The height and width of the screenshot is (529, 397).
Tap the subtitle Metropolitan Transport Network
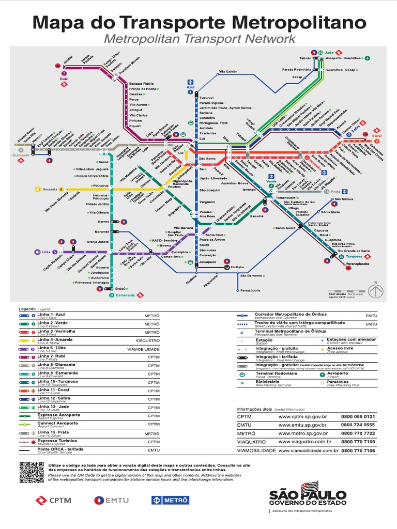click(200, 39)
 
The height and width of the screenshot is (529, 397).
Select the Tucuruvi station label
click(206, 97)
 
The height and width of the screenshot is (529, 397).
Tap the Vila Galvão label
click(228, 71)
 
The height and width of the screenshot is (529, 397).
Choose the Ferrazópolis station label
click(251, 291)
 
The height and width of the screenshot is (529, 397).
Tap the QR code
click(31, 472)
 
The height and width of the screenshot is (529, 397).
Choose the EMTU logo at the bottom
click(112, 500)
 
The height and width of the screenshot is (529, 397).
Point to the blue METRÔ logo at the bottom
click(170, 500)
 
